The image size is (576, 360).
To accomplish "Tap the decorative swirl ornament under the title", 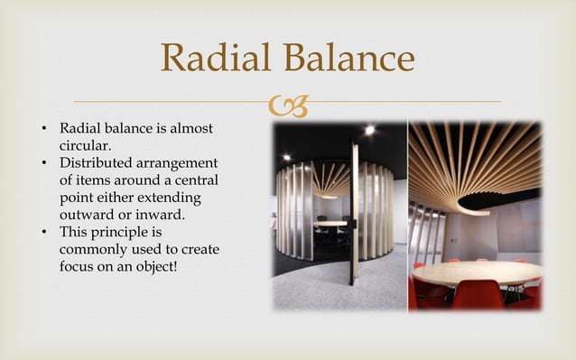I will (287, 107).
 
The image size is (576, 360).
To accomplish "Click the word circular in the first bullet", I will (85, 146).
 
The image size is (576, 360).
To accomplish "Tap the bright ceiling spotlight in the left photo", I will (369, 131).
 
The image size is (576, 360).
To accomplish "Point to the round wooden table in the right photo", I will (477, 272).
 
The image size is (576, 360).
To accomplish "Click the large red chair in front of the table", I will (478, 296).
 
